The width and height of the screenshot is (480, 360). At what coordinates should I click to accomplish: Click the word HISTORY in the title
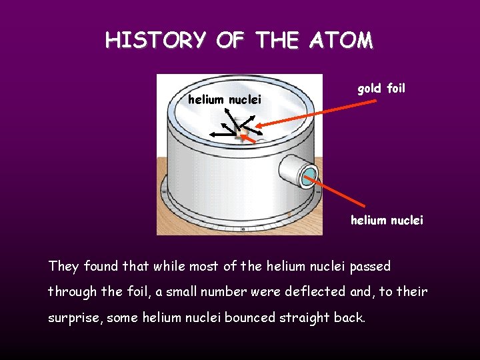[x=155, y=41]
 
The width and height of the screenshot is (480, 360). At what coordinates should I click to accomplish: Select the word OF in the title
[x=231, y=41]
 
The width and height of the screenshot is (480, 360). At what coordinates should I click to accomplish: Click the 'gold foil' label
[x=381, y=89]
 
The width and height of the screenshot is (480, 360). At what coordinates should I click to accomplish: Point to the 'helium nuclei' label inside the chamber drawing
[x=225, y=101]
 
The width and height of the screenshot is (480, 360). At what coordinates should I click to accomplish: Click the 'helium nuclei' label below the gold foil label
[x=387, y=220]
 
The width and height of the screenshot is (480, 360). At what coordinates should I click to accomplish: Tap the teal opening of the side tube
[x=309, y=175]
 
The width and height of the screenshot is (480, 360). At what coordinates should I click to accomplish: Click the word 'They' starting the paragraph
[x=63, y=267]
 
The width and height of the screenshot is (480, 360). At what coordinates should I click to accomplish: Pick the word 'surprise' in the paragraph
[x=73, y=318]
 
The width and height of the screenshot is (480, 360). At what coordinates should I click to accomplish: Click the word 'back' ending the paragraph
[x=349, y=317]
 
